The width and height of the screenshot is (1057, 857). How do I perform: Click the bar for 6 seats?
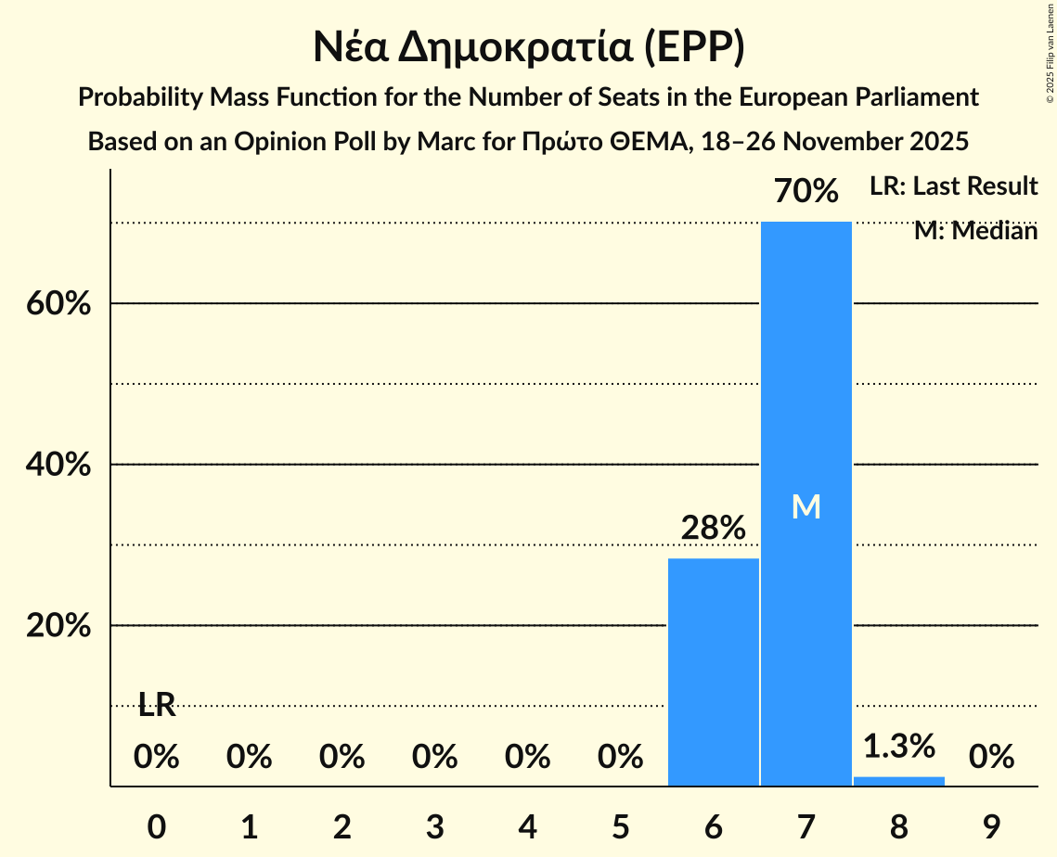[x=713, y=672]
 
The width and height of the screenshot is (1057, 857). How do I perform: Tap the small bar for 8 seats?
[x=898, y=781]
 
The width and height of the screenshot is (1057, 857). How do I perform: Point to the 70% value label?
[x=806, y=192]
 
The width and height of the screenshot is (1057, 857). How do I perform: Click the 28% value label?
[x=713, y=528]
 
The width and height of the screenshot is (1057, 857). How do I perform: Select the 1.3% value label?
[x=898, y=746]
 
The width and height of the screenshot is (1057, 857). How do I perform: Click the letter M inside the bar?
[x=806, y=506]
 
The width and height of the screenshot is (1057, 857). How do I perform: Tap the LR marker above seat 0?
[x=157, y=705]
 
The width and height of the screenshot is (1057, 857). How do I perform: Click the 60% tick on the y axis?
[x=58, y=304]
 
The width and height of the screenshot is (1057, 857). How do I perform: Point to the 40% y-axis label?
[x=58, y=465]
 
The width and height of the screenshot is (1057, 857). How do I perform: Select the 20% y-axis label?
[x=58, y=626]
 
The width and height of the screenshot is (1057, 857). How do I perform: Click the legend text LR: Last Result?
[x=953, y=186]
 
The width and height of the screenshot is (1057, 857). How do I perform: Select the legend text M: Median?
[x=975, y=231]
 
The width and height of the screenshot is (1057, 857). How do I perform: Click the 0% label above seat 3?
[x=435, y=758]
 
